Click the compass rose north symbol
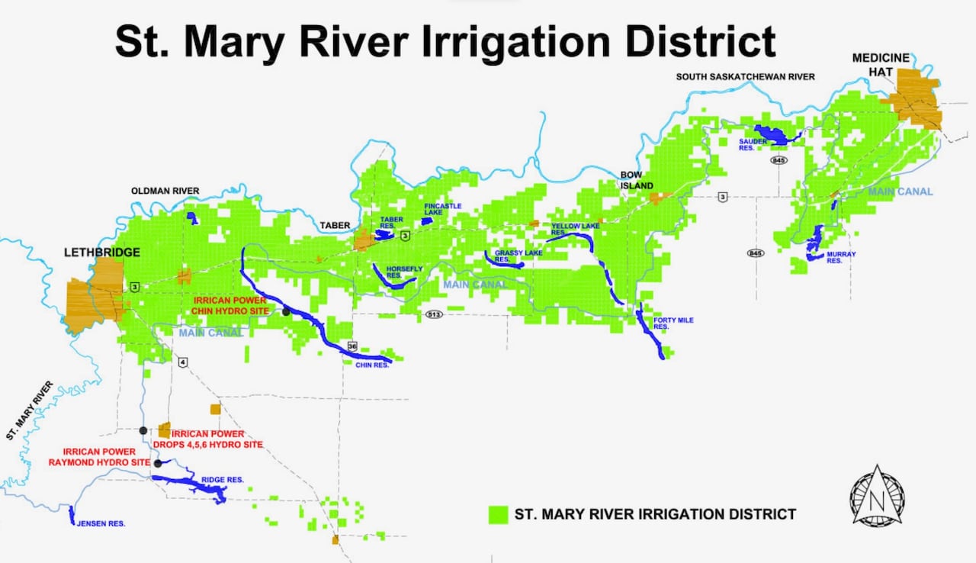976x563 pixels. (877, 497)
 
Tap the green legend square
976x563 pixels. (498, 514)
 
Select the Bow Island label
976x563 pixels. (636, 181)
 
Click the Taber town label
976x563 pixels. (335, 225)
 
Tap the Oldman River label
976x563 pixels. (165, 191)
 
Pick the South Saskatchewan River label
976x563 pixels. (746, 76)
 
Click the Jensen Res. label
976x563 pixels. (100, 524)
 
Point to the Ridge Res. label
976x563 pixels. (222, 480)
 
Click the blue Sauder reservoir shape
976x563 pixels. (772, 134)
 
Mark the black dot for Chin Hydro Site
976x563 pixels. (286, 311)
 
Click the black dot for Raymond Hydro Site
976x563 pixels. (158, 463)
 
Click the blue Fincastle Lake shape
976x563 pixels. (427, 220)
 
